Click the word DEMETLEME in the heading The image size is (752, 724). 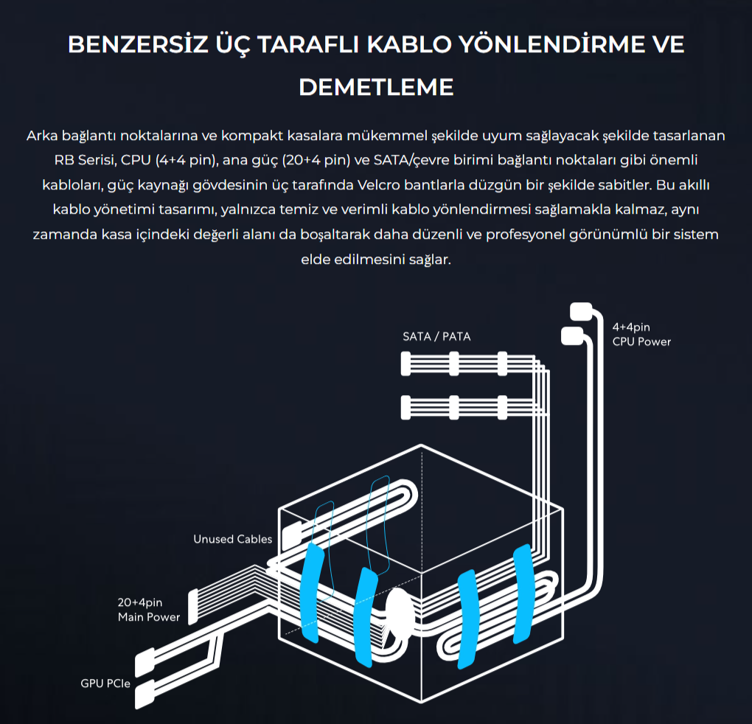click(376, 87)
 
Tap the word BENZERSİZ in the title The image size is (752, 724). click(138, 44)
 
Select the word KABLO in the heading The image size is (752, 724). click(409, 44)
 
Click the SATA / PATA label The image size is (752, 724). click(436, 337)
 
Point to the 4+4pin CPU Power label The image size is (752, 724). click(641, 334)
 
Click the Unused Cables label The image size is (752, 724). click(232, 539)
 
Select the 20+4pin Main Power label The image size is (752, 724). click(149, 610)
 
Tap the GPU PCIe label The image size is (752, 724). click(105, 683)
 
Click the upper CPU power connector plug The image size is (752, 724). click(581, 311)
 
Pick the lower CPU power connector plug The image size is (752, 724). click(572, 335)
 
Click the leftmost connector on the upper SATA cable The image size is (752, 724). click(405, 363)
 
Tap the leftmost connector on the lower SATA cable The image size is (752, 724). click(405, 408)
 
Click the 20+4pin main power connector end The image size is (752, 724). click(193, 607)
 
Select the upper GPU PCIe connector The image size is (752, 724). click(145, 662)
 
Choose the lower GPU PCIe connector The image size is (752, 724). click(145, 693)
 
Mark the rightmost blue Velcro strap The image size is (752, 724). click(523, 594)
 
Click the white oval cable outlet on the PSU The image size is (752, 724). click(400, 615)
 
